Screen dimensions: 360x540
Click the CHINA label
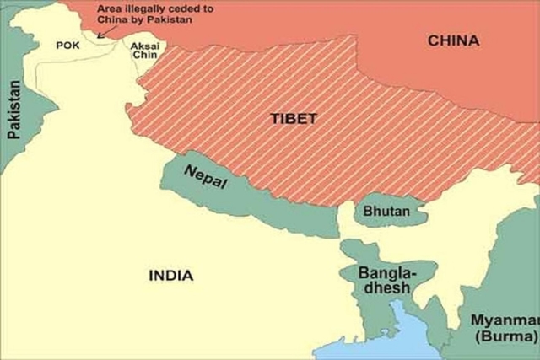click(x=453, y=40)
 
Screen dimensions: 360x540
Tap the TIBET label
click(x=294, y=119)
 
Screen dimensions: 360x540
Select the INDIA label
click(x=170, y=275)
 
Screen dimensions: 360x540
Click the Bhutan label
click(x=386, y=212)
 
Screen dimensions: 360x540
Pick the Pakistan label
click(x=14, y=110)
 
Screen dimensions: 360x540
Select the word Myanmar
click(x=505, y=320)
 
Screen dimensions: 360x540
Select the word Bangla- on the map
click(x=386, y=272)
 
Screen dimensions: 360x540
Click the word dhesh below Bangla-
click(x=384, y=287)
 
